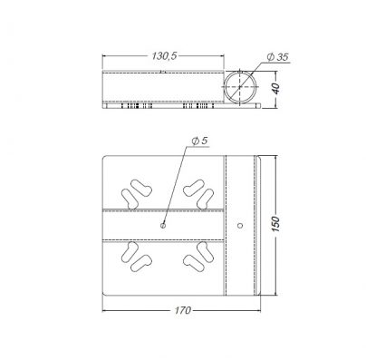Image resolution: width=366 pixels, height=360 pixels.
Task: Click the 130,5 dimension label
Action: coord(164,56)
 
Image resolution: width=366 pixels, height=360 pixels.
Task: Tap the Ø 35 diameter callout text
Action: coord(278,57)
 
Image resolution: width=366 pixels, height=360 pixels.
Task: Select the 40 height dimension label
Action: coord(276,89)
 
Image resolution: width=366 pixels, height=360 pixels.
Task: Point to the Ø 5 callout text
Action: coord(200,141)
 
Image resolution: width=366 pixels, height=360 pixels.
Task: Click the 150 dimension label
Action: coord(276,224)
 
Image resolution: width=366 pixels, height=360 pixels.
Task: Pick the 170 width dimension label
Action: coord(182,310)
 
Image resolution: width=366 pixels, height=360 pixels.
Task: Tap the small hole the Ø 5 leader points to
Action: coord(163,225)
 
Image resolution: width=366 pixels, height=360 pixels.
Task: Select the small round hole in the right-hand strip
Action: coord(240,225)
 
